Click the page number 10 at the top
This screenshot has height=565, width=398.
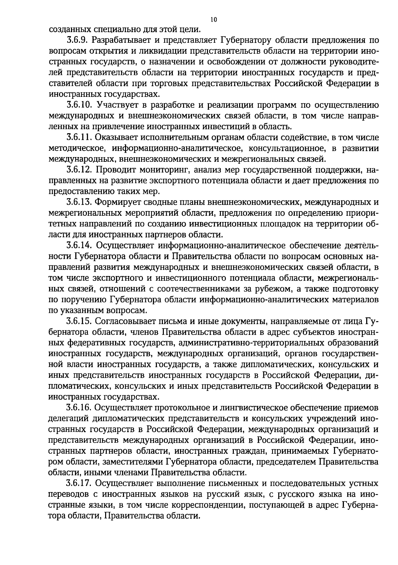coord(214,20)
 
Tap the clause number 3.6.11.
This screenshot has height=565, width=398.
coord(79,138)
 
